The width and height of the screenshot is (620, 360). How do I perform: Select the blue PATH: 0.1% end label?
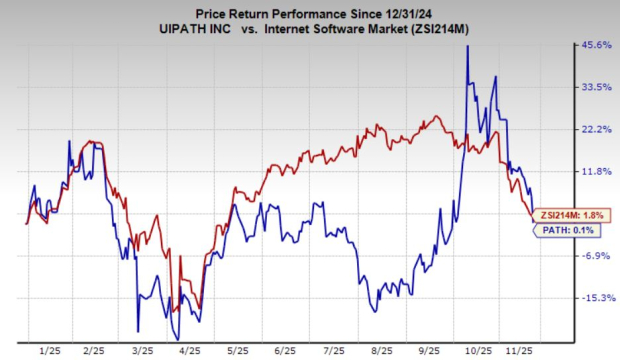point(569,230)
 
